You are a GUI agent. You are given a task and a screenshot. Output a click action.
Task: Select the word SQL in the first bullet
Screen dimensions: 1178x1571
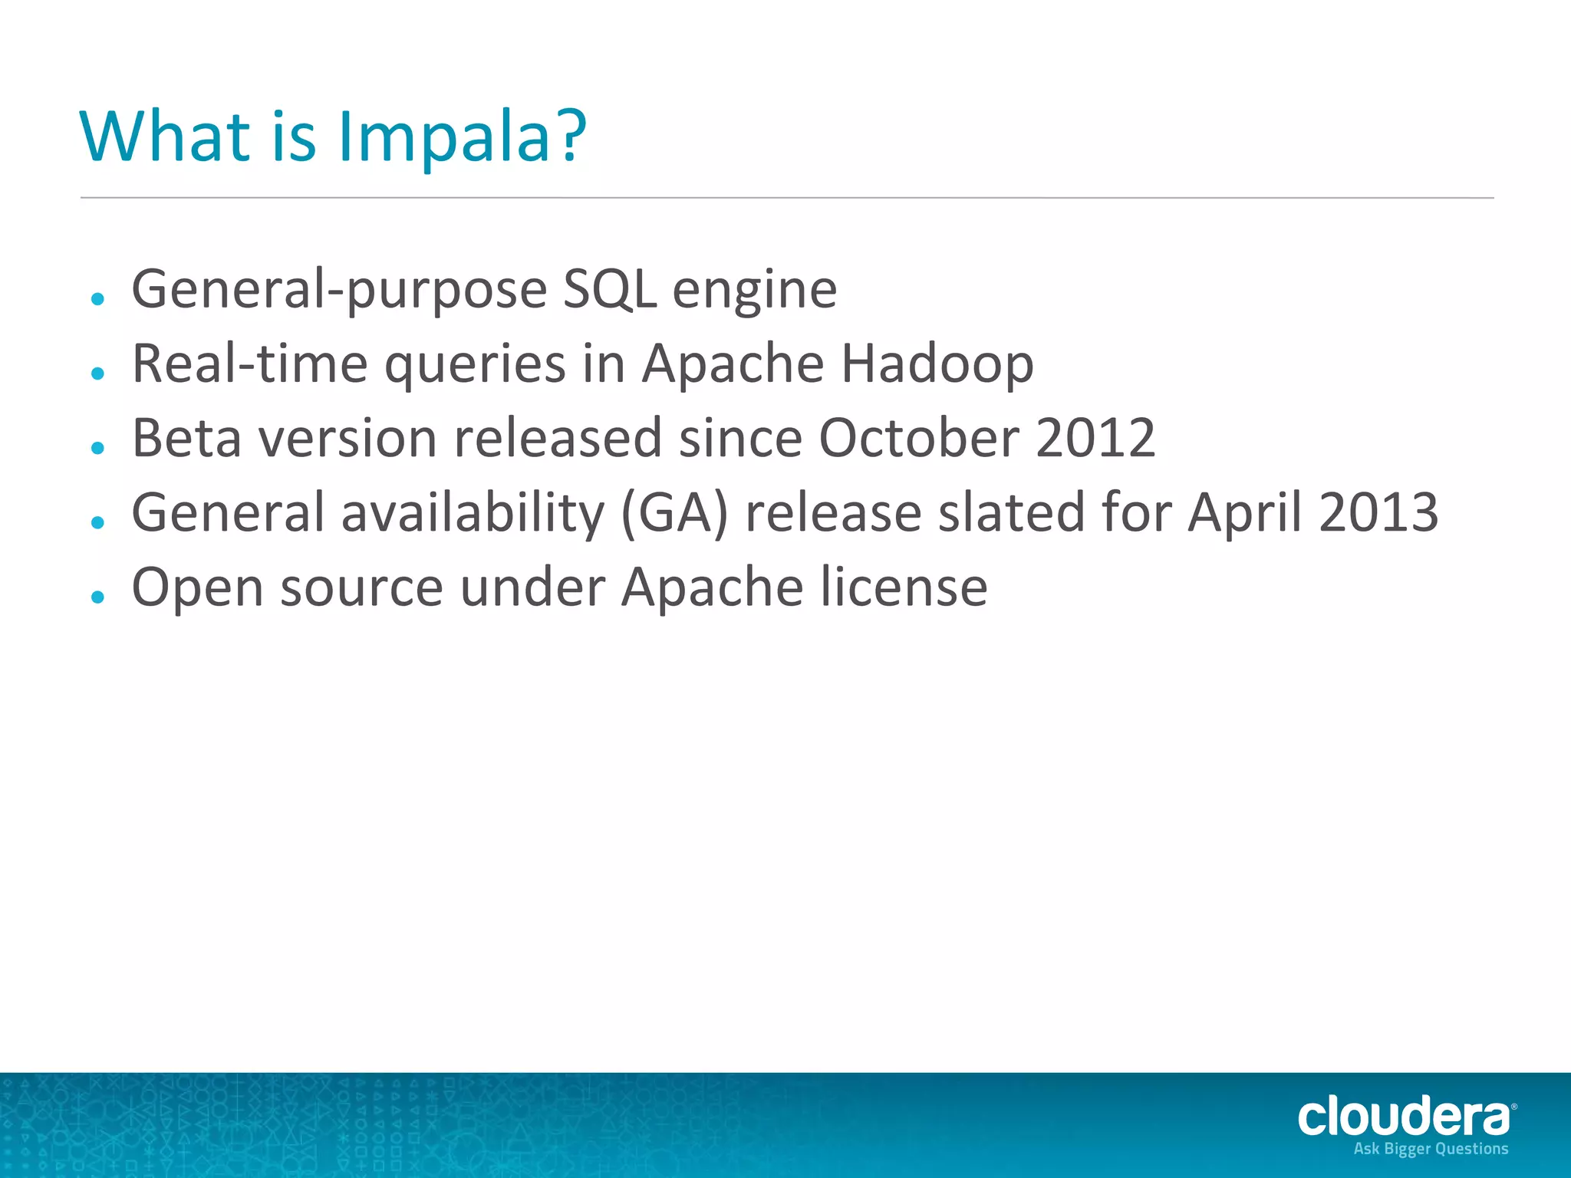click(x=609, y=289)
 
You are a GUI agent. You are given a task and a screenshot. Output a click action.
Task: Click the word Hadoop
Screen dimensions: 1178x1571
click(x=937, y=364)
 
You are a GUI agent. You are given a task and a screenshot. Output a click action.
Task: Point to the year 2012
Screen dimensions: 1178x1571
click(x=1095, y=438)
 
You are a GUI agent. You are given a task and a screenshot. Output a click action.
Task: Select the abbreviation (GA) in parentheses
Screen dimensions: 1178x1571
click(x=674, y=512)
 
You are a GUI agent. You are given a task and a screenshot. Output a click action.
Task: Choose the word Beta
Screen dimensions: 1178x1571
click(x=186, y=438)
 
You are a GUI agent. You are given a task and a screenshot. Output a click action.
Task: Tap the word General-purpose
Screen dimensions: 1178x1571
click(x=339, y=291)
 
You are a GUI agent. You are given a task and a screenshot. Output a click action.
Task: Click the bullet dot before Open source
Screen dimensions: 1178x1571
click(x=97, y=597)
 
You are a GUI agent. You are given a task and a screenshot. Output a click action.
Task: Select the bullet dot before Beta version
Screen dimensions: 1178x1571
click(x=97, y=447)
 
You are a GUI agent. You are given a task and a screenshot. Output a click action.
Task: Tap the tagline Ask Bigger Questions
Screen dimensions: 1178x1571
click(x=1431, y=1149)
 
